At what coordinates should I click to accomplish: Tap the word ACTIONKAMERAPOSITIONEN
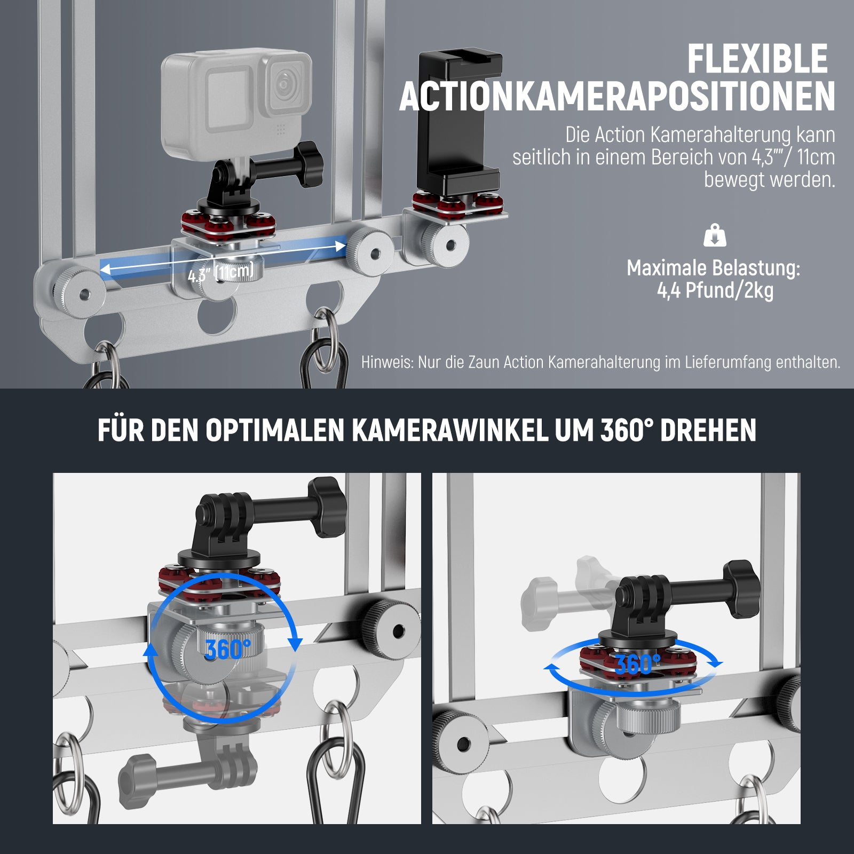(617, 97)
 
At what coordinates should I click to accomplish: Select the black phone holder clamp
(458, 121)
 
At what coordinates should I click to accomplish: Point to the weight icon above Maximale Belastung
(715, 235)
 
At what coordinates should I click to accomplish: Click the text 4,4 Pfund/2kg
(715, 290)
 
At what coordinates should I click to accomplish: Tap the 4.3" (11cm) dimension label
(220, 273)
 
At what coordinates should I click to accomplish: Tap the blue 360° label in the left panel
(227, 649)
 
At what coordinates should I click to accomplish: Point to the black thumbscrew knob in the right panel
(741, 589)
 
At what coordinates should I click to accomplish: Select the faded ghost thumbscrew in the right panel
(566, 592)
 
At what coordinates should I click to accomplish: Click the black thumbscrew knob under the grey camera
(310, 164)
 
